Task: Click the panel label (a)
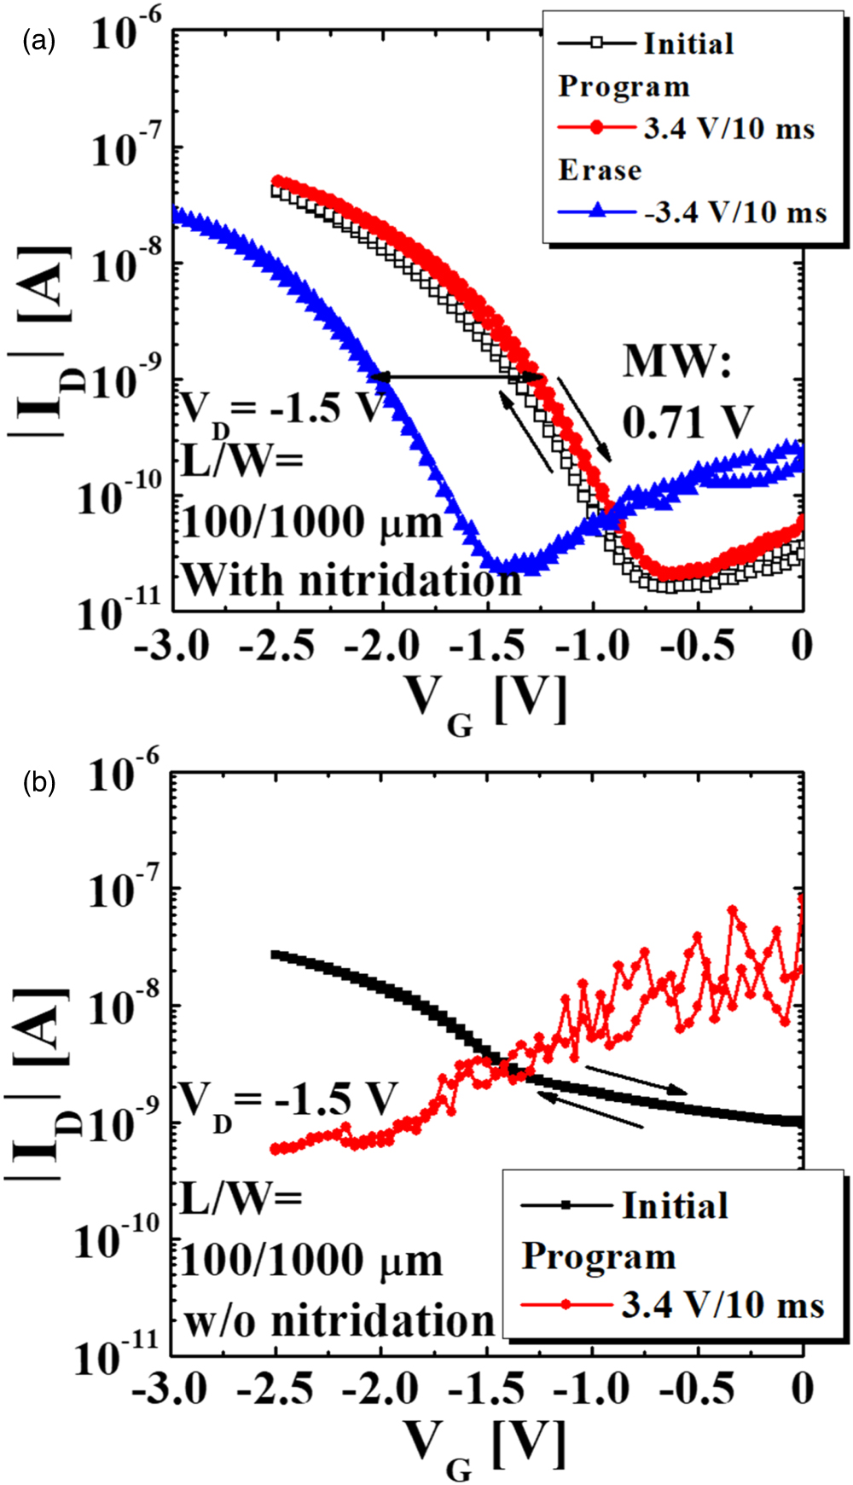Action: (39, 40)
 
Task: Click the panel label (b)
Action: (39, 781)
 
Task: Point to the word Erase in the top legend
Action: (600, 170)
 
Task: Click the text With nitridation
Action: (351, 580)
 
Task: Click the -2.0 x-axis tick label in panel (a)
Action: (383, 647)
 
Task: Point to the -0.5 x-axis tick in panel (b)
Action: (698, 1389)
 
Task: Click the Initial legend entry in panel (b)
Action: (674, 1205)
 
